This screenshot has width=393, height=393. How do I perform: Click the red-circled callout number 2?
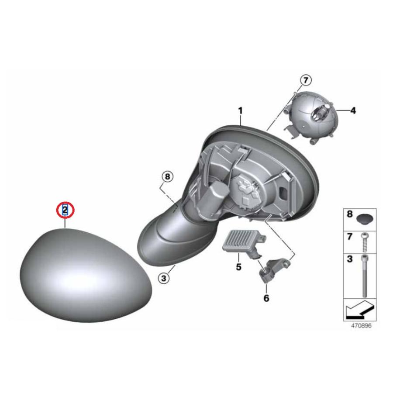pyautogui.click(x=65, y=210)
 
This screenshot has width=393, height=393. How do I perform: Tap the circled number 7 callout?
pyautogui.click(x=306, y=81)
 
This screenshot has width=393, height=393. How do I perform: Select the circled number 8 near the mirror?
pyautogui.click(x=167, y=177)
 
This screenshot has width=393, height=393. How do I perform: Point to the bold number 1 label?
pyautogui.click(x=240, y=110)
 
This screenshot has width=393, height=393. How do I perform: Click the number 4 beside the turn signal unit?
pyautogui.click(x=353, y=110)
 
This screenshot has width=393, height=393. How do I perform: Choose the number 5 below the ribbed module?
pyautogui.click(x=238, y=267)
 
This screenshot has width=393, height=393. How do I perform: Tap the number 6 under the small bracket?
pyautogui.click(x=266, y=298)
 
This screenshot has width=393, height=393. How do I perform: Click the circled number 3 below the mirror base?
pyautogui.click(x=164, y=278)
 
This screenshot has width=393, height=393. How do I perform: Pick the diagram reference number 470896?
pyautogui.click(x=361, y=326)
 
